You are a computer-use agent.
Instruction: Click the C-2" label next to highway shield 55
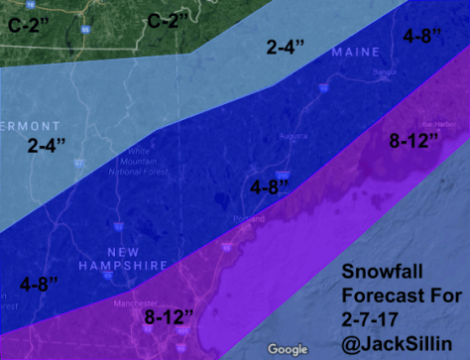tap(169, 20)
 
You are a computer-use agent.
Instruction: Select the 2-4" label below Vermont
tap(46, 146)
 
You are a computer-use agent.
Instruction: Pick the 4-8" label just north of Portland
tap(269, 185)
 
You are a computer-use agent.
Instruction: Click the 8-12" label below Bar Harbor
tap(413, 141)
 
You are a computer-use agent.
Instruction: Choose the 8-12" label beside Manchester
tap(170, 318)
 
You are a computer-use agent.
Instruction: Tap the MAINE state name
tap(355, 52)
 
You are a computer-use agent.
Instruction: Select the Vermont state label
tap(31, 126)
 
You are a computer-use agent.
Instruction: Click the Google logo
tap(288, 348)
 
